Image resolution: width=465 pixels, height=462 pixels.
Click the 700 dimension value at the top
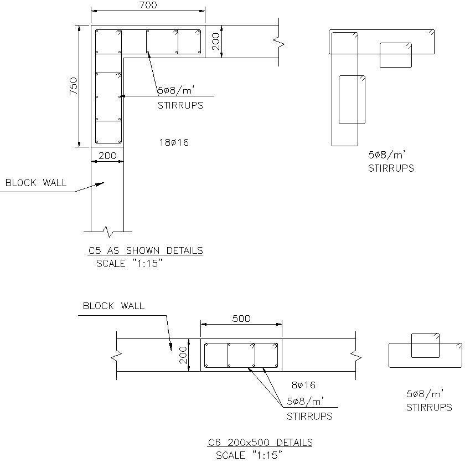[x=148, y=5]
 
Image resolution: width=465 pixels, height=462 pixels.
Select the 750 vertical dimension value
[x=73, y=86]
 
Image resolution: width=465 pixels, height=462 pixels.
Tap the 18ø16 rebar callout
[x=174, y=142]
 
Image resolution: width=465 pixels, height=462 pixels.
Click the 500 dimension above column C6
[x=241, y=319]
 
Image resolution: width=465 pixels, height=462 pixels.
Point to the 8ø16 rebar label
[x=304, y=385]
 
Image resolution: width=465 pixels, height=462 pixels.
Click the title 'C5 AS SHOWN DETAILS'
[x=146, y=250]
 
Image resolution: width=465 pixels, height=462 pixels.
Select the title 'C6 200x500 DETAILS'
[x=260, y=443]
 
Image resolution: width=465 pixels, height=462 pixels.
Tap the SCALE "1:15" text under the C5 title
[x=130, y=263]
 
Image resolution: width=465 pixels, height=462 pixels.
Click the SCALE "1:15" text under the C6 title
[x=249, y=455]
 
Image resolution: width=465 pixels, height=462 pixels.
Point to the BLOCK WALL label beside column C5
[x=36, y=182]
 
